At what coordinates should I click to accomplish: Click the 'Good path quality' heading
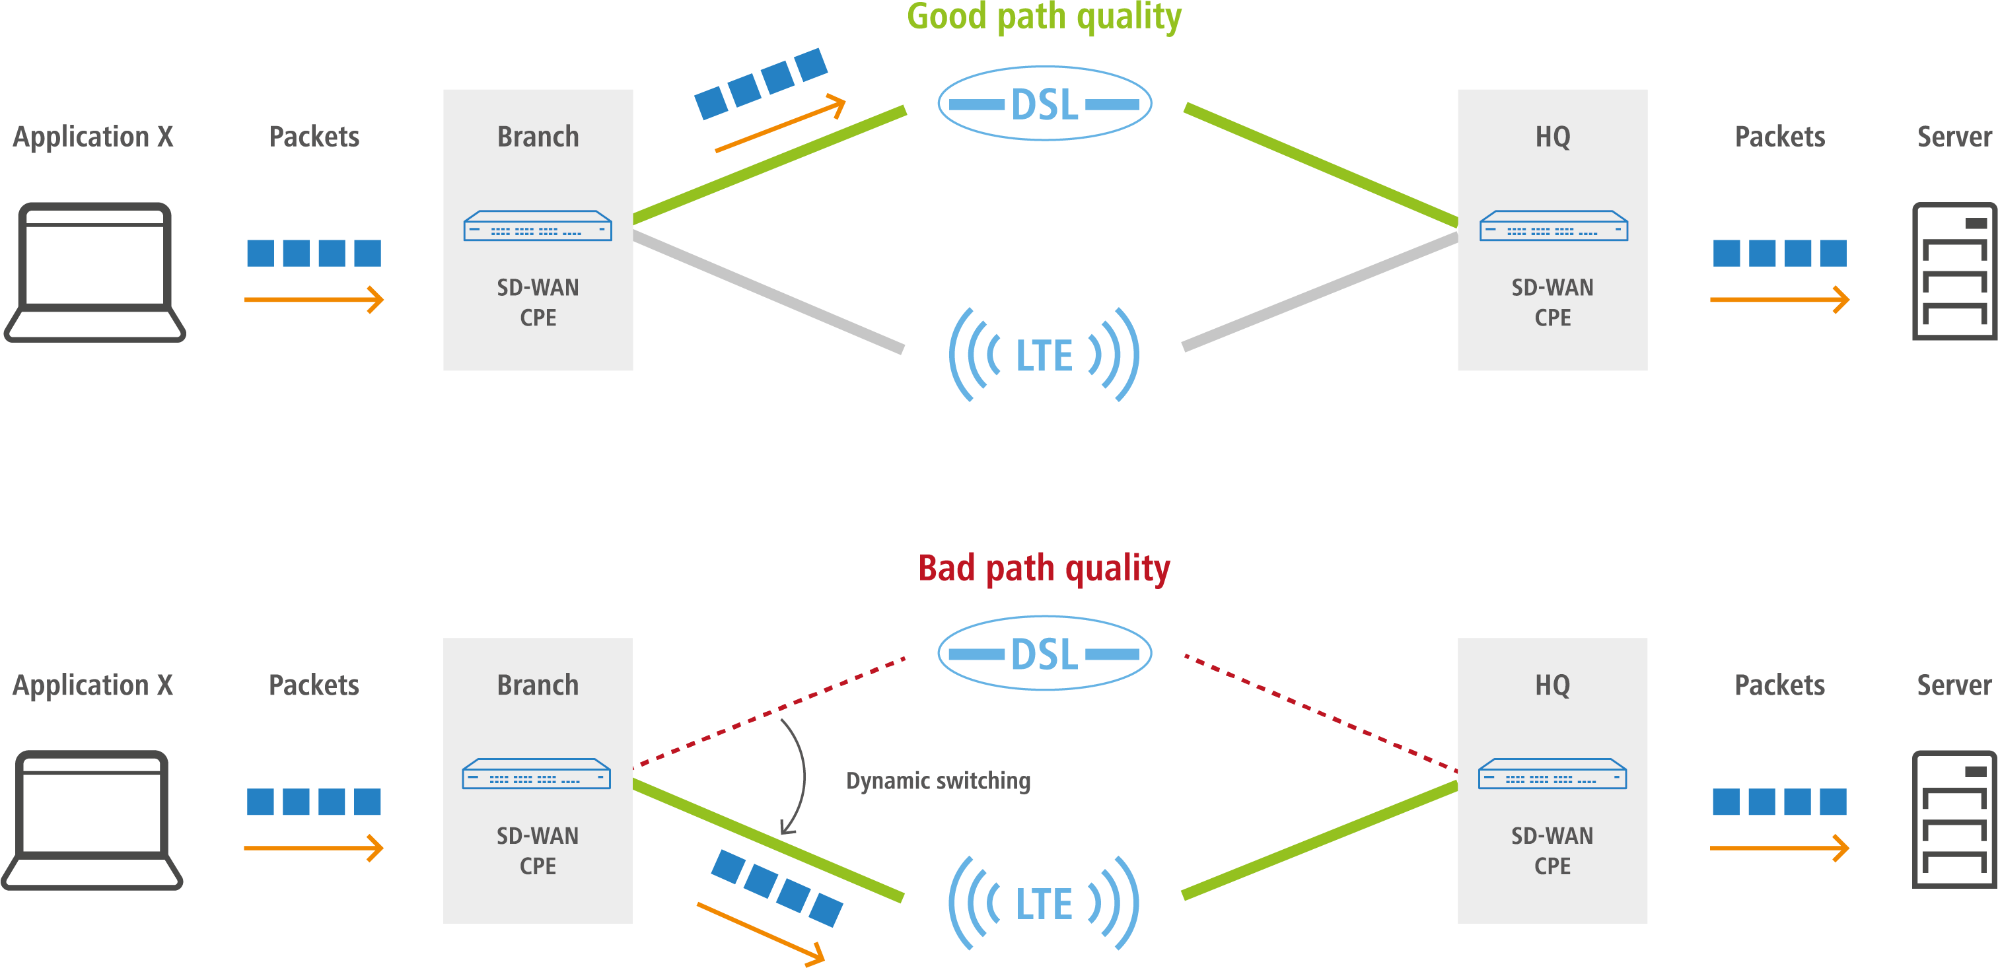(x=1044, y=17)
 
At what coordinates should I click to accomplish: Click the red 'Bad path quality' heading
(x=1044, y=568)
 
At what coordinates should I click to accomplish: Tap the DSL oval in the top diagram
(x=1044, y=104)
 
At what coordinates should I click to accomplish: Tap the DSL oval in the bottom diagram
(x=1044, y=653)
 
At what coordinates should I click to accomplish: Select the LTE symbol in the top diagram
(x=1044, y=355)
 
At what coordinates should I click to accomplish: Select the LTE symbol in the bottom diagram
(x=1044, y=904)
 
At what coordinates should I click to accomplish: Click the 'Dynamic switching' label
(x=938, y=780)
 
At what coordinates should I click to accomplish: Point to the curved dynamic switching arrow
(x=802, y=776)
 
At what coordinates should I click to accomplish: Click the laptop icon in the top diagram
(x=94, y=271)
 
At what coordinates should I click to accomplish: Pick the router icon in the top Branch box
(x=538, y=226)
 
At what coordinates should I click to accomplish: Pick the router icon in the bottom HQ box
(x=1552, y=774)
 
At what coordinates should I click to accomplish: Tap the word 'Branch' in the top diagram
(x=538, y=137)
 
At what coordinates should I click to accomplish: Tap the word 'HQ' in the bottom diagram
(x=1552, y=685)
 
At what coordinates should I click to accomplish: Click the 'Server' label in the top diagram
(x=1954, y=137)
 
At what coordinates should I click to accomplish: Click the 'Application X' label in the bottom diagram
(x=92, y=685)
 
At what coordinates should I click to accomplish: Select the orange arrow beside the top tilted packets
(x=779, y=124)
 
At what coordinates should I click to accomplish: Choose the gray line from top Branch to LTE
(x=768, y=292)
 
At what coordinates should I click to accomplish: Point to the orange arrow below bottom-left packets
(x=313, y=848)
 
